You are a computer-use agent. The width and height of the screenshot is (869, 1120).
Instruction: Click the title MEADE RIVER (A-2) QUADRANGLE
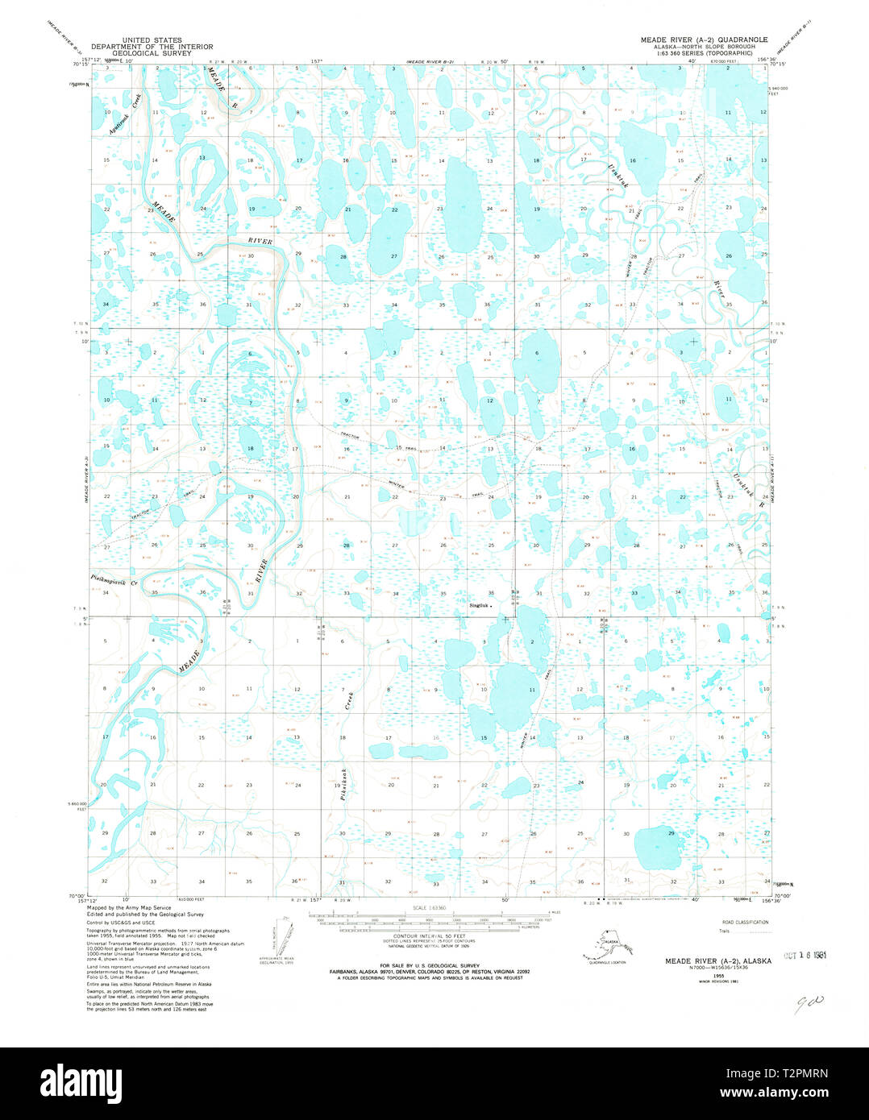pos(704,39)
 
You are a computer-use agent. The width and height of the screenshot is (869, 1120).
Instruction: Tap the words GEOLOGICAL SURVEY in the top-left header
pos(152,52)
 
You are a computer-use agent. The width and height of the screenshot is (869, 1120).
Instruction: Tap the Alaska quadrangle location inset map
pos(604,945)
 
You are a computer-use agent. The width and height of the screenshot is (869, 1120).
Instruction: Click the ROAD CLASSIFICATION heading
pos(745,922)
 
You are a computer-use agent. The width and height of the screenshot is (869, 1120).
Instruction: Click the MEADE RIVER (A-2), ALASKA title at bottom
pos(717,960)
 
